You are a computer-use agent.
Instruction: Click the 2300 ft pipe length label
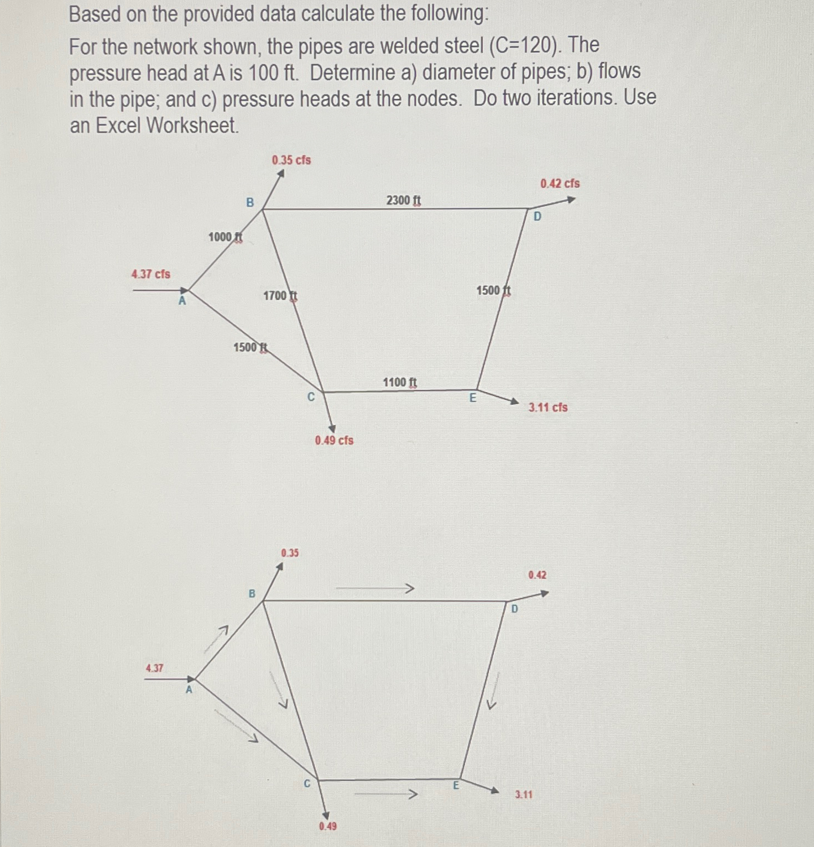[x=404, y=200]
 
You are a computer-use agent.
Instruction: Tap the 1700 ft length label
[x=280, y=296]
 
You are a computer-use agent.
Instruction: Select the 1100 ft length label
[x=400, y=383]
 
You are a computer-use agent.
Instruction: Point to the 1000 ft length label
[x=225, y=237]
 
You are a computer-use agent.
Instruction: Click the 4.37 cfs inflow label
[x=151, y=274]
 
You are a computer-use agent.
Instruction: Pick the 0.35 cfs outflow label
[x=291, y=160]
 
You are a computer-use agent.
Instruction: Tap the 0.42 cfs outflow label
[x=560, y=184]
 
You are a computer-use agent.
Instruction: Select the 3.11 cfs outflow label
[x=548, y=407]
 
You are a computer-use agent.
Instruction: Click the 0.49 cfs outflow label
[x=334, y=441]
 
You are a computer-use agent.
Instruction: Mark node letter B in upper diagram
[x=250, y=203]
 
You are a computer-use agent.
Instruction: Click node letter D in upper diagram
[x=538, y=217]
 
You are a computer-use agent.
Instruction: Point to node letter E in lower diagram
[x=456, y=785]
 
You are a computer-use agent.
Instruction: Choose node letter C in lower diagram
[x=307, y=784]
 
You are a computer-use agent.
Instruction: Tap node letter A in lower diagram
[x=189, y=690]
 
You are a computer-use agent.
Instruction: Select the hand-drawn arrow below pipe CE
[x=385, y=794]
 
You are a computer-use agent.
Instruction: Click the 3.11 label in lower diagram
[x=524, y=794]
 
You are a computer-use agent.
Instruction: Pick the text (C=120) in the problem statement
[x=524, y=45]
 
